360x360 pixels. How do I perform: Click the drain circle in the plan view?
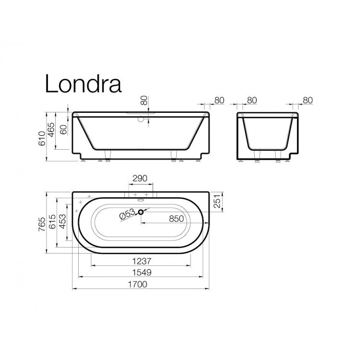(141, 212)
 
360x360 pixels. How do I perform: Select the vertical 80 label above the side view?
(143, 100)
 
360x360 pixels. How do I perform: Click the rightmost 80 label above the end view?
(308, 100)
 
